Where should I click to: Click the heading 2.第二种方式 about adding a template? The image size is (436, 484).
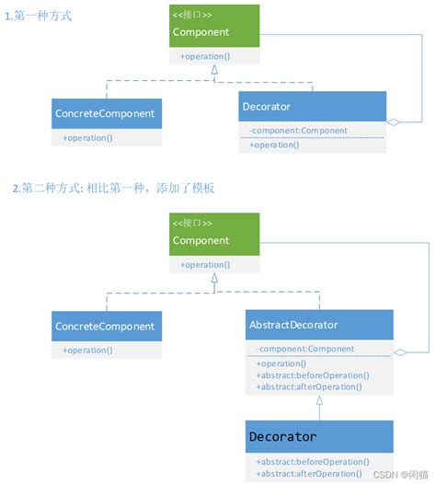tap(113, 188)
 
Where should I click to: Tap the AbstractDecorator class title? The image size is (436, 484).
tap(293, 325)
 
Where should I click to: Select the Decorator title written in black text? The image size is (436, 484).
tap(282, 436)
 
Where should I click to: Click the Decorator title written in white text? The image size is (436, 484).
tap(267, 107)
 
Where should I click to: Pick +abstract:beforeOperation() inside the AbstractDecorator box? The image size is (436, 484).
tap(313, 375)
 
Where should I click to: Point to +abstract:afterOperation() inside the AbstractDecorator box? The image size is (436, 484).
tap(309, 386)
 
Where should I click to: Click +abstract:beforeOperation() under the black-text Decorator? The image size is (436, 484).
tap(313, 462)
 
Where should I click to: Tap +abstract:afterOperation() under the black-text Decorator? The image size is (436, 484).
tap(309, 474)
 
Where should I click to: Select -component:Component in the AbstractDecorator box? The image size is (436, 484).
tap(305, 349)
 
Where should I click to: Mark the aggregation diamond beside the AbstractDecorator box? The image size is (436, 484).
tap(400, 351)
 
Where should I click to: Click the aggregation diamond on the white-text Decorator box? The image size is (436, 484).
tap(393, 121)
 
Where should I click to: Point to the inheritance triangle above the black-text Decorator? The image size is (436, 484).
tap(319, 401)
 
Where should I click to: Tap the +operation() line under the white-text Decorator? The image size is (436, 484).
tap(272, 144)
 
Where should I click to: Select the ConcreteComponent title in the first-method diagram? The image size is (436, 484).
tap(107, 115)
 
